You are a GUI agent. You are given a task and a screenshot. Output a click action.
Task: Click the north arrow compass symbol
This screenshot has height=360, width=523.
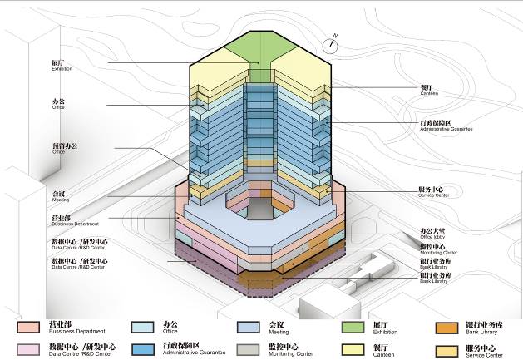click(333, 45)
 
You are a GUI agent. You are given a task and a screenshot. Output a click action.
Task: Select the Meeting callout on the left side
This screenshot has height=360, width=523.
click(60, 197)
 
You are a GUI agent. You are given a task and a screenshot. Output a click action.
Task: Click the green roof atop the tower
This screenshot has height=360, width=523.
click(260, 49)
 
